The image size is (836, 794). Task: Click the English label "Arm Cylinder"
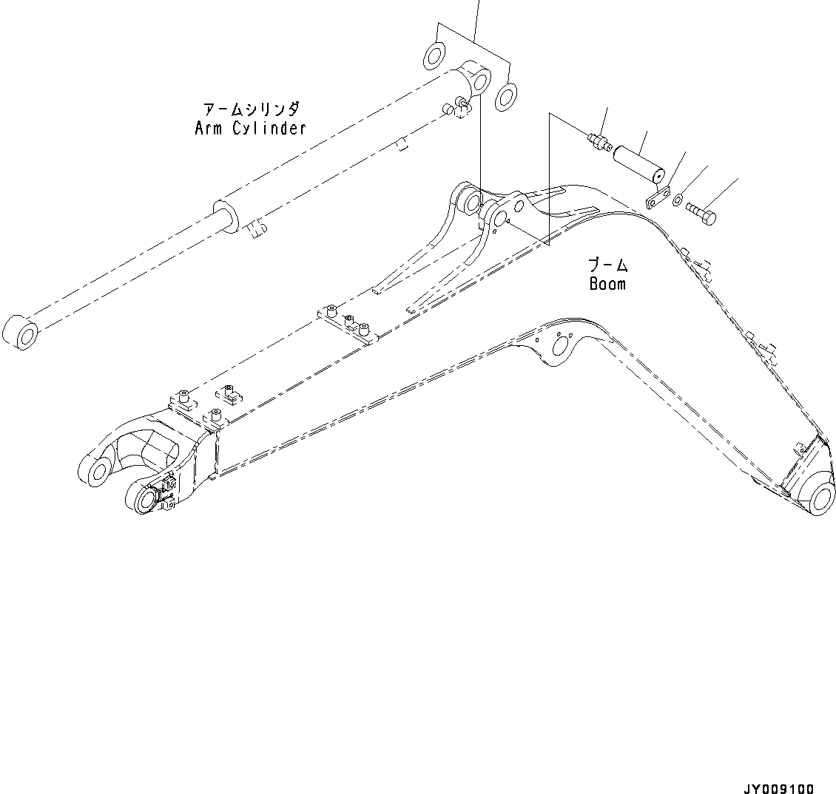(250, 128)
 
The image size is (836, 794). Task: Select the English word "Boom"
(607, 284)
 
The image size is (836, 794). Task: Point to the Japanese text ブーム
(607, 265)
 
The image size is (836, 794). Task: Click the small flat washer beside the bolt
(678, 198)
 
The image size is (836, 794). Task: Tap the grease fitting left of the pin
(598, 140)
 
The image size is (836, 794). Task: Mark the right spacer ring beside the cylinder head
(507, 96)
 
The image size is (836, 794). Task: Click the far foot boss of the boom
(95, 471)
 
